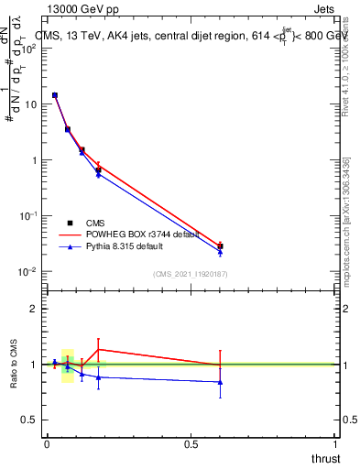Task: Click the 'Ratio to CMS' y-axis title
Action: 16,364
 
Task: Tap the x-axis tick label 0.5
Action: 191,444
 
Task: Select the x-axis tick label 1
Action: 336,444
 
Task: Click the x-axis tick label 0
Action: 47,444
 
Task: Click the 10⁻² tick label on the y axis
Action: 27,271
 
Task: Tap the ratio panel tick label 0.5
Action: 29,420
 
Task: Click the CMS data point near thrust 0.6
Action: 220,246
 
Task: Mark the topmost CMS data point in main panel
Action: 55,95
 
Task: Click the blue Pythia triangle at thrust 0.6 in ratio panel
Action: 220,382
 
